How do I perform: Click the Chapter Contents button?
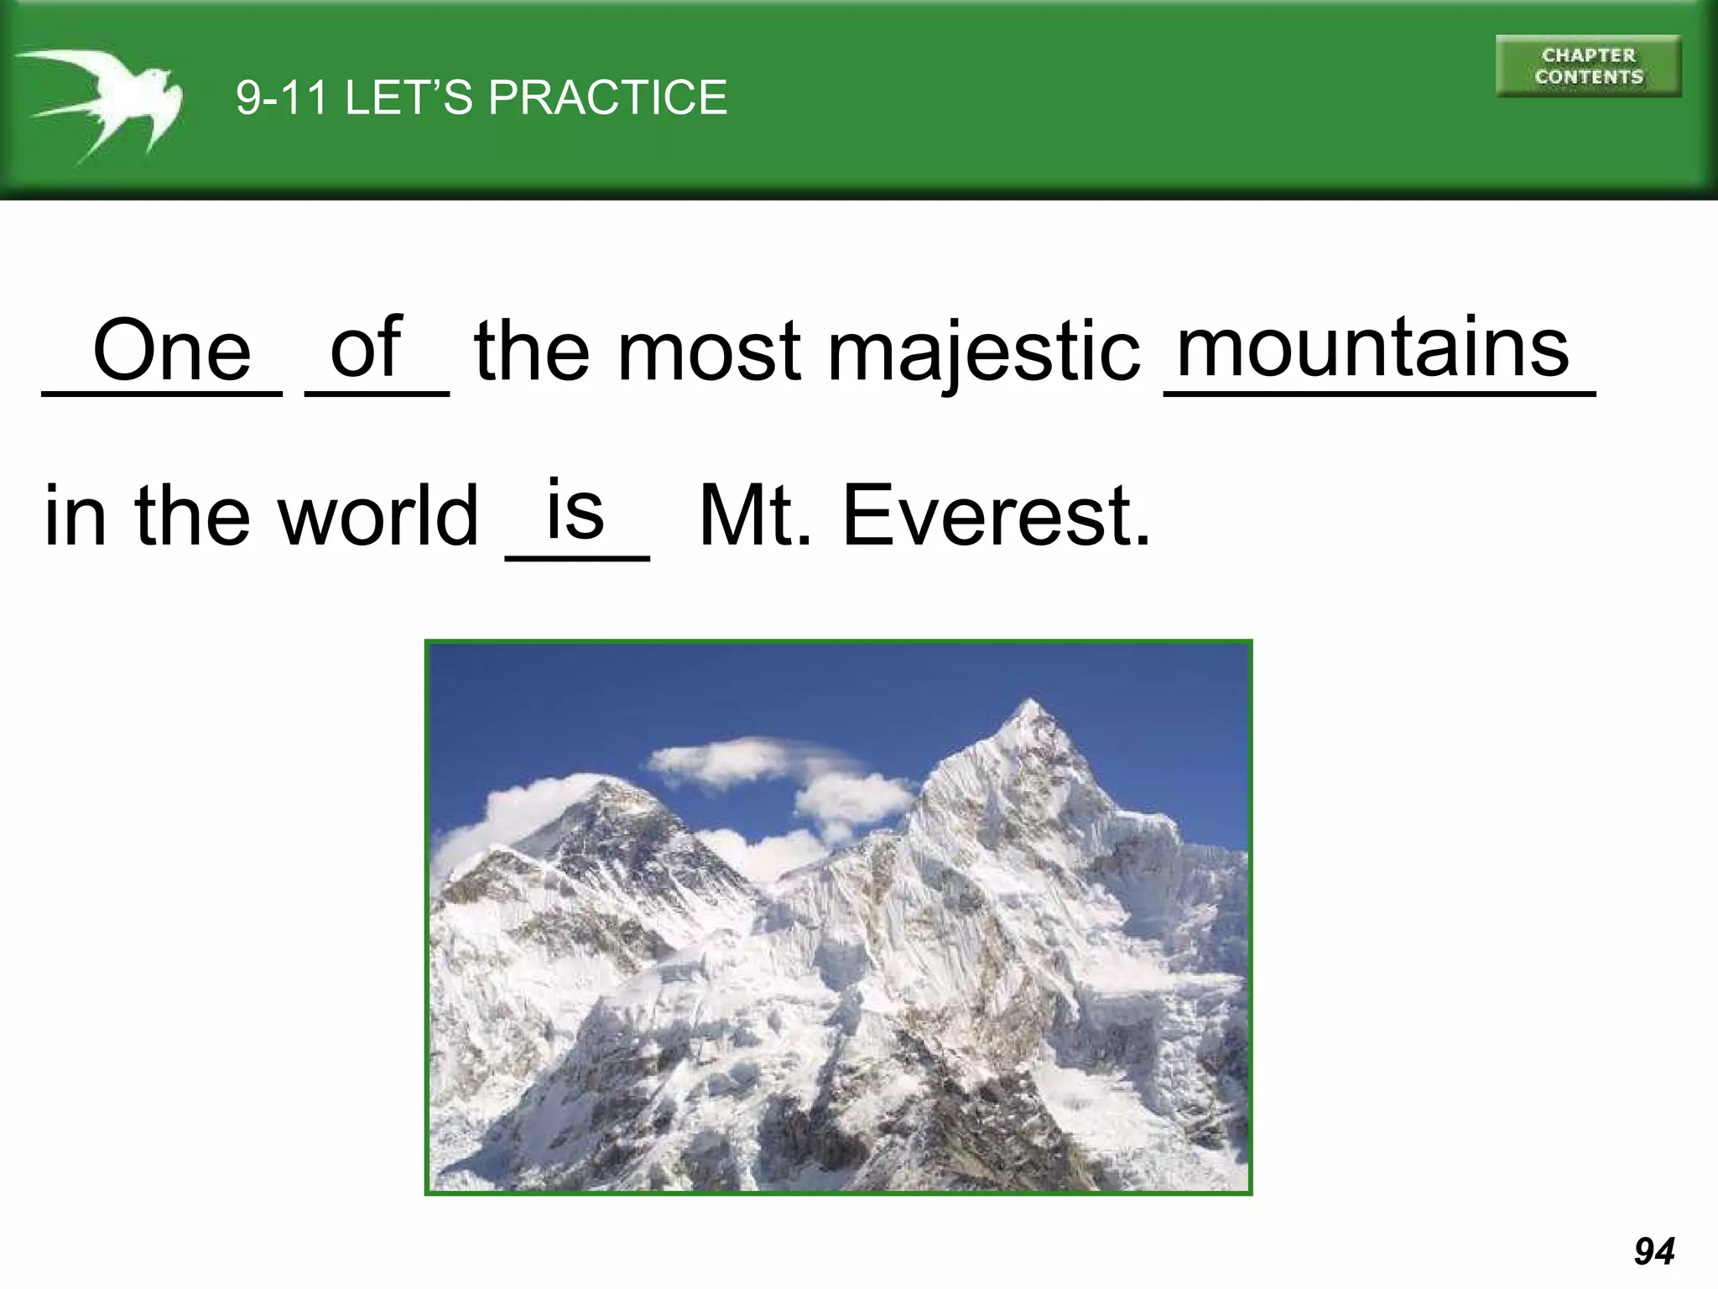(1588, 66)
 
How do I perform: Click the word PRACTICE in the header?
(607, 97)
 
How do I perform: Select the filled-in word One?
(171, 351)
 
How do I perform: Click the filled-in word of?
(367, 346)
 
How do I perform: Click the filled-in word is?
(575, 509)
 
